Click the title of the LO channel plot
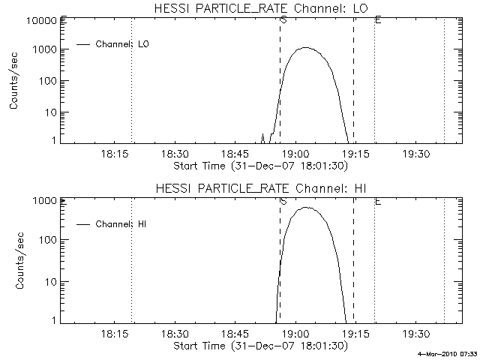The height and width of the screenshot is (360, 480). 259,8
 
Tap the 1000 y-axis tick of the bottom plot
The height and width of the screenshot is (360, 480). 43,201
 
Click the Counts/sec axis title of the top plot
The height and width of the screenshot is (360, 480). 15,81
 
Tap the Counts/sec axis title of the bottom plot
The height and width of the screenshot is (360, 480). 15,260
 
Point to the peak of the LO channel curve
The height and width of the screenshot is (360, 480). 305,48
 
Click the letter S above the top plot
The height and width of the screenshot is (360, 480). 283,19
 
